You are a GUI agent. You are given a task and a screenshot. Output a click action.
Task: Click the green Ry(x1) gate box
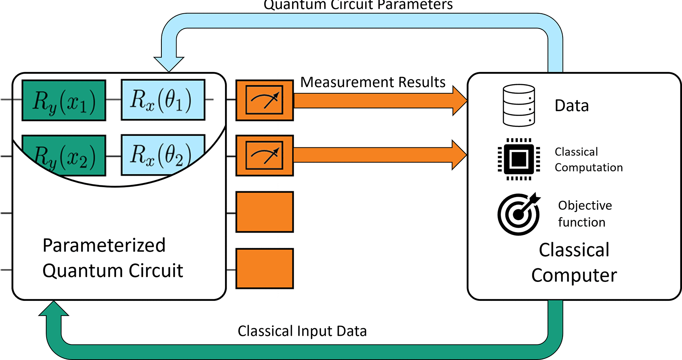[x=64, y=100]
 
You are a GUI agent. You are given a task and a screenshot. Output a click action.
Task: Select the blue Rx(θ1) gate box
[x=163, y=100]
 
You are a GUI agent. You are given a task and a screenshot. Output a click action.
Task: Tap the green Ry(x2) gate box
[x=64, y=155]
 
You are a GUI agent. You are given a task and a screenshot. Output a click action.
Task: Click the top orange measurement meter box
[x=264, y=100]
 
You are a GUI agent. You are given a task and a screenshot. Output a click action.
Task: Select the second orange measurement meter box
[x=264, y=155]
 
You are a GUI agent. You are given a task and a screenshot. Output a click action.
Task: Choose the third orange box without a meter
[x=264, y=212]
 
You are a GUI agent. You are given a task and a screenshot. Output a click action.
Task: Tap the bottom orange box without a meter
[x=264, y=268]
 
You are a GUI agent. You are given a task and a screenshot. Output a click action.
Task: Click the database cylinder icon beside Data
[x=519, y=105]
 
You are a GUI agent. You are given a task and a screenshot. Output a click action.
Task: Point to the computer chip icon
[x=519, y=159]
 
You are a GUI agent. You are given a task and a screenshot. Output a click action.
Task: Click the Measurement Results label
[x=373, y=82]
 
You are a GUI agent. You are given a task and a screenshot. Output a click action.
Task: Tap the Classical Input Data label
[x=302, y=331]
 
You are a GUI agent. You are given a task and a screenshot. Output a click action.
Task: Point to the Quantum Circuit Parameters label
[x=358, y=5]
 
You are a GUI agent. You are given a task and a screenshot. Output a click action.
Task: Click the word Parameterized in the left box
[x=104, y=245]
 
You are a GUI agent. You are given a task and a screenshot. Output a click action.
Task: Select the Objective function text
[x=585, y=213]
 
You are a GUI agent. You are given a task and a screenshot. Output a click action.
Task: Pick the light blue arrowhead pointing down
[x=169, y=64]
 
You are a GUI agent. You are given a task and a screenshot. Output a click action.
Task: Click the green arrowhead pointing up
[x=54, y=308]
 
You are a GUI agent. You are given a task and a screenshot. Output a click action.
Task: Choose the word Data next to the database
[x=571, y=105]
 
